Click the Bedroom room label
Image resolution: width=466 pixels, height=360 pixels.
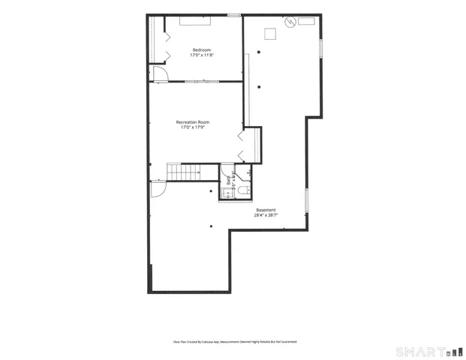tap(200, 49)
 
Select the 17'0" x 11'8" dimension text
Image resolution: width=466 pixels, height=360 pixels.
tap(200, 55)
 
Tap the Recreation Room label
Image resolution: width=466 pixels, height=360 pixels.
tap(193, 121)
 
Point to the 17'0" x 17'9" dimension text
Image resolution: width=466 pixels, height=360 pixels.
tap(193, 127)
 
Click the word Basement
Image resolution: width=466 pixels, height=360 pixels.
tap(266, 209)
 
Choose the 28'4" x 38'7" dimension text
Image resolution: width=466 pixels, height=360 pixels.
tap(266, 215)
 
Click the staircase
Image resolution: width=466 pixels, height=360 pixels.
tap(184, 172)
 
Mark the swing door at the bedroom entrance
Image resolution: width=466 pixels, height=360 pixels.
tap(159, 72)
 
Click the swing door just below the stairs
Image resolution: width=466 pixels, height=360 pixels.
tap(158, 188)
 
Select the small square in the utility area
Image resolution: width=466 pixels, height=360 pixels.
tap(269, 32)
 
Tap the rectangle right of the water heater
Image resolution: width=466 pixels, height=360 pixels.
tap(306, 22)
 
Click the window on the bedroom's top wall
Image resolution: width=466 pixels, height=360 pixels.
tap(234, 14)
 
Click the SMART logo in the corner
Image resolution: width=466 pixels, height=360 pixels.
tap(428, 351)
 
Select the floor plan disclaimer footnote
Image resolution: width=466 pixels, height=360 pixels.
tap(235, 341)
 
